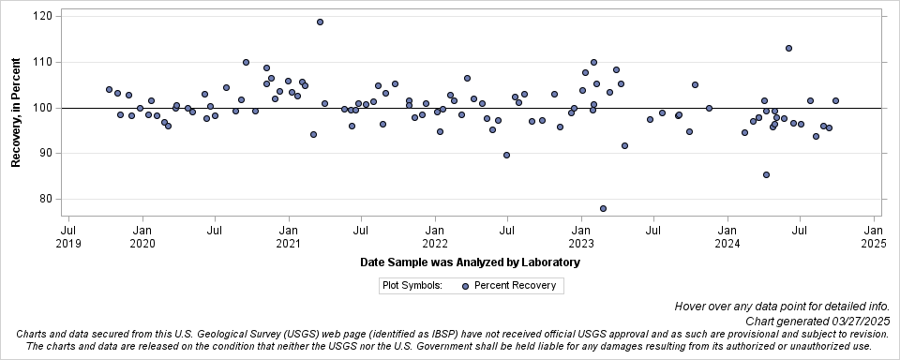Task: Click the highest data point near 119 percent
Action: (x=320, y=22)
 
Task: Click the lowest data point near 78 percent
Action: (x=603, y=208)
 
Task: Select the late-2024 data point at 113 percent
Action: (x=788, y=48)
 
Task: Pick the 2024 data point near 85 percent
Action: (x=766, y=174)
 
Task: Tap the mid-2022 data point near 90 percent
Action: (x=506, y=155)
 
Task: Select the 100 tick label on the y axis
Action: (x=43, y=108)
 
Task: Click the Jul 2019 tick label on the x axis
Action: (x=68, y=235)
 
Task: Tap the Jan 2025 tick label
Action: (x=873, y=235)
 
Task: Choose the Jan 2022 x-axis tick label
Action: (x=434, y=235)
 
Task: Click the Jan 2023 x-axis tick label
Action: (x=580, y=235)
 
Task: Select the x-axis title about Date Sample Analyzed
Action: (x=470, y=262)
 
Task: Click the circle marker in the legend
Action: (x=465, y=286)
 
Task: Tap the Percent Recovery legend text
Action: (x=515, y=286)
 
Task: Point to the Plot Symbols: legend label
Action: (x=412, y=286)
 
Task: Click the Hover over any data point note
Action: (x=787, y=307)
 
